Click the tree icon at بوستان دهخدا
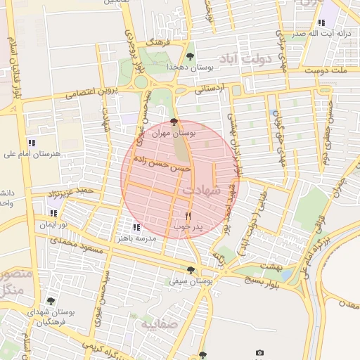click(x=190, y=56)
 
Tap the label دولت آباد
click(x=246, y=58)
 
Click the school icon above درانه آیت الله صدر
click(x=321, y=22)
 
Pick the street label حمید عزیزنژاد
click(x=70, y=192)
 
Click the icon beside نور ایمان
click(x=53, y=212)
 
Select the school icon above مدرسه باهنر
click(x=136, y=227)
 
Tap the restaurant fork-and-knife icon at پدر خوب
click(x=188, y=216)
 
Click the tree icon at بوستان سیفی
click(x=191, y=270)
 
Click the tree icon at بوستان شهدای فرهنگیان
click(x=51, y=301)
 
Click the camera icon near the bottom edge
click(x=259, y=352)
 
